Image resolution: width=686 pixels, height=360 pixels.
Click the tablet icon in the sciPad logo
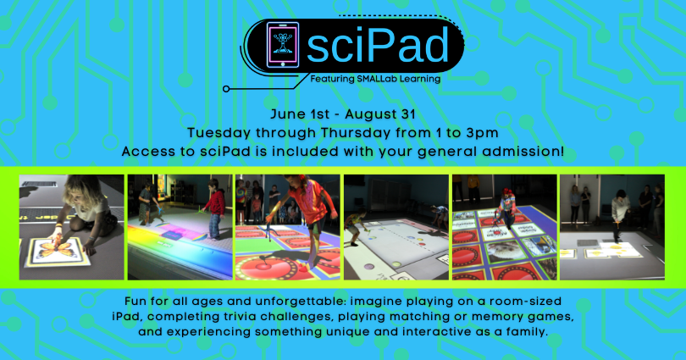(x=283, y=45)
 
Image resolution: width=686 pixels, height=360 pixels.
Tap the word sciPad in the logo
(x=378, y=45)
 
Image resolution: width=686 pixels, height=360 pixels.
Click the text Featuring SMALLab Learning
(x=375, y=79)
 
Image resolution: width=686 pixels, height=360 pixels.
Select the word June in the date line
(x=285, y=114)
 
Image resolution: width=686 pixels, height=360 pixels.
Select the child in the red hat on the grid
(x=506, y=208)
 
